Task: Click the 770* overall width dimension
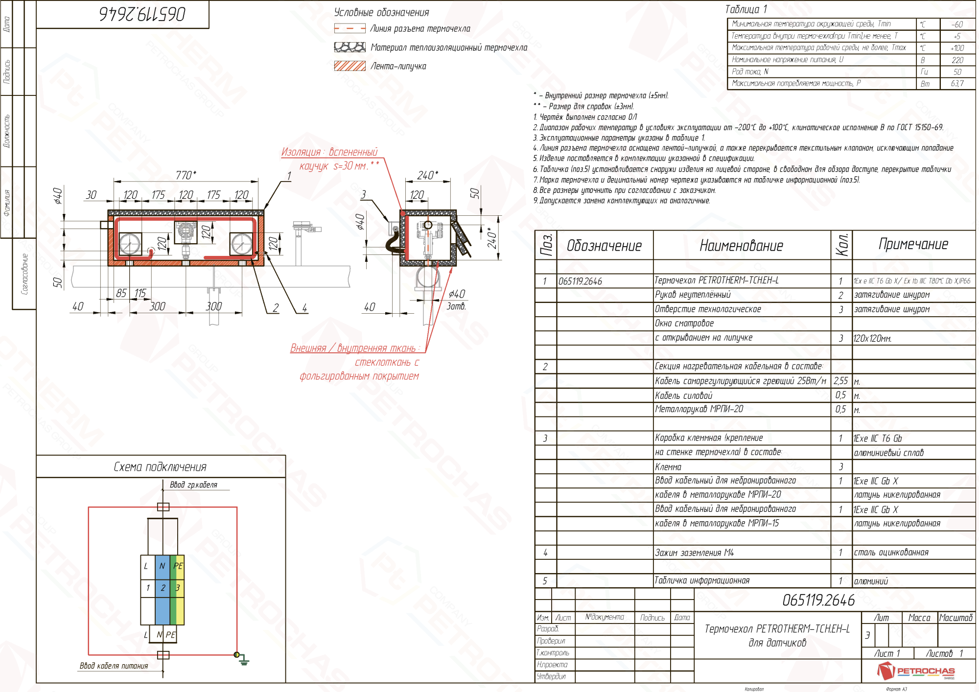coord(186,175)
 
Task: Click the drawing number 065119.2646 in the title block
coord(818,600)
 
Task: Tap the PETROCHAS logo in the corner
coord(916,671)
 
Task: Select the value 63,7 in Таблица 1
coord(957,84)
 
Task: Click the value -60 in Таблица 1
coord(957,24)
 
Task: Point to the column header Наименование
coord(741,246)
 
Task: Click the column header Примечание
coord(913,244)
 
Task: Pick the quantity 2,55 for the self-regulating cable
coord(840,381)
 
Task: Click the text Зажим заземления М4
coord(694,553)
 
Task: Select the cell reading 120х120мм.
coord(872,338)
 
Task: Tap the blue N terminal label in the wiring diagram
coord(162,566)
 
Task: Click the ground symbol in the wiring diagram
coord(244,662)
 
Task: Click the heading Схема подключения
coord(160,467)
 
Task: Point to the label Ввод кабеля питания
coord(114,666)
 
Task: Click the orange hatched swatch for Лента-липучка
coord(350,66)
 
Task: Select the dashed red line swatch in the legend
coord(350,29)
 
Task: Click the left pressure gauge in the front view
coord(130,243)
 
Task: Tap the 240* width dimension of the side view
coord(427,175)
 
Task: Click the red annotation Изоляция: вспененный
coord(329,152)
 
